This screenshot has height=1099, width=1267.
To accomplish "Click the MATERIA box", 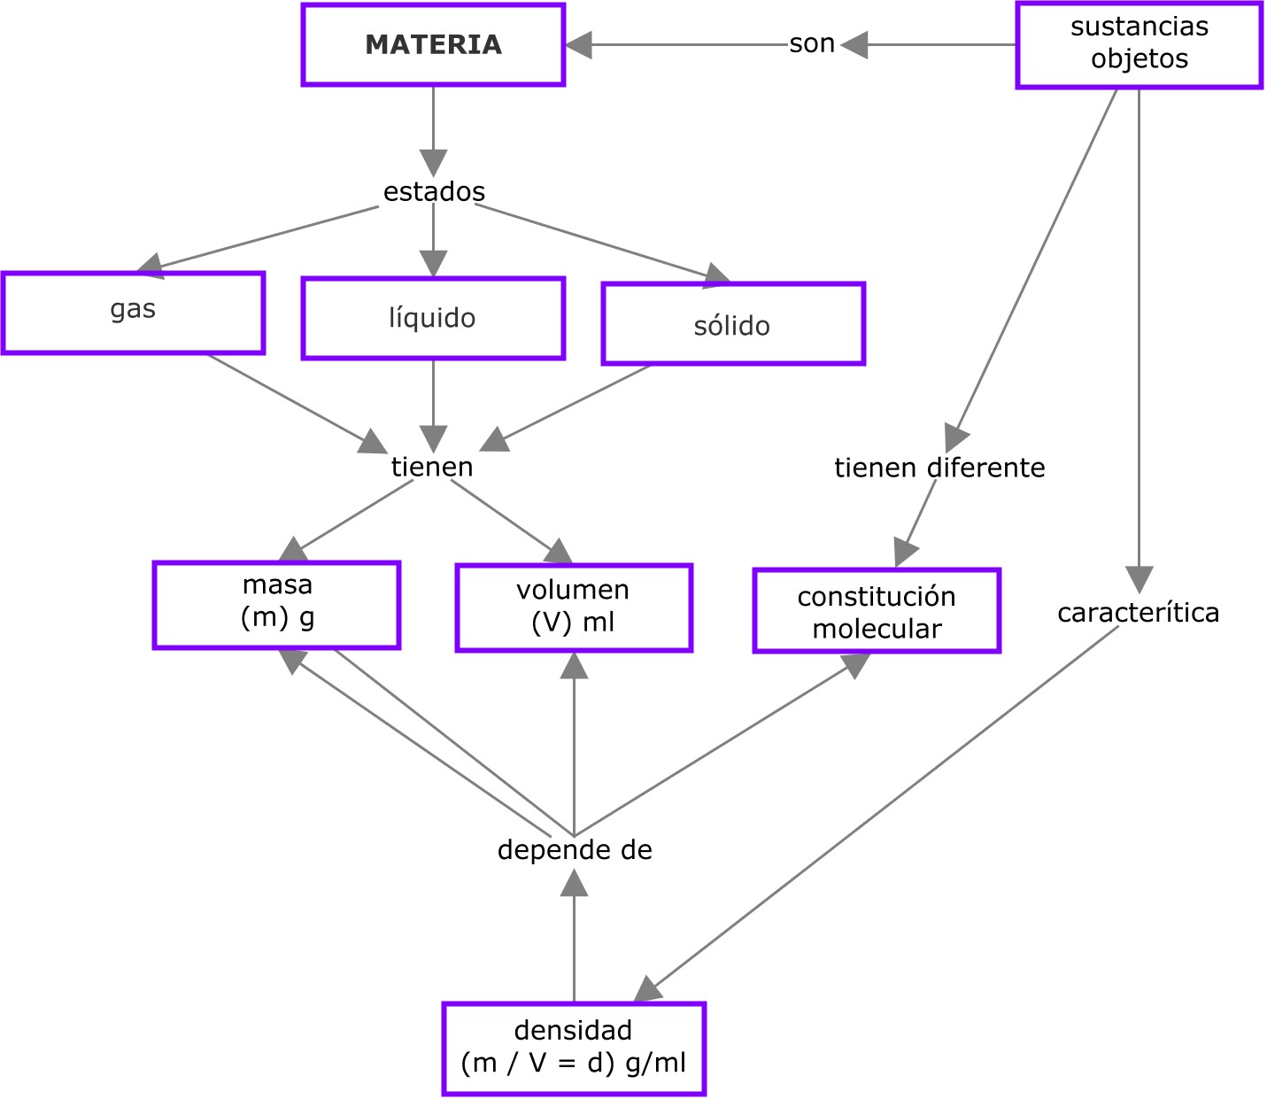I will coord(433,45).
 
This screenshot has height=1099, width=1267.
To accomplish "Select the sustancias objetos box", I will coord(1139,44).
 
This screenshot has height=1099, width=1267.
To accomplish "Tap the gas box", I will coord(133,313).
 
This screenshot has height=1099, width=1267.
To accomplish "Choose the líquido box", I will coord(433,319).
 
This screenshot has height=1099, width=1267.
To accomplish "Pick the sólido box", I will coord(733,324).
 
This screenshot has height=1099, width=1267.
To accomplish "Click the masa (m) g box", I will coord(276,605).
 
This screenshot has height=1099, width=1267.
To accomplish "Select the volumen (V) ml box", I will coord(574,608).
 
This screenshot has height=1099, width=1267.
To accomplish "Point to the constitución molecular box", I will coord(877,611).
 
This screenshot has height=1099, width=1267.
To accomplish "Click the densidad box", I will coord(574,1049).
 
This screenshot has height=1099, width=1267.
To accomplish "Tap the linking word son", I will coord(812,43).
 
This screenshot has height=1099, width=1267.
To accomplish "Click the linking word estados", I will coord(434,191).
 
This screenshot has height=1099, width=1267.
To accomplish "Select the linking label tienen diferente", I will coord(939,468).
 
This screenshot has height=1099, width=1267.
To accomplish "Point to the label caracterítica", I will coord(1138,613).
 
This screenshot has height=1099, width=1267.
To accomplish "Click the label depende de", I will coord(575,850).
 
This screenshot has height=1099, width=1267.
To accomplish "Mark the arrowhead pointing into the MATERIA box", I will coord(579,45).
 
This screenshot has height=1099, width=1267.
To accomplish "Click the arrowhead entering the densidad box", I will coord(649,989).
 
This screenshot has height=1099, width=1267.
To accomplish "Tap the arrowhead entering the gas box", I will coord(151,263).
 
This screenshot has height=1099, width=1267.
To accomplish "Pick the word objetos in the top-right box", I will coord(1140,59).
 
